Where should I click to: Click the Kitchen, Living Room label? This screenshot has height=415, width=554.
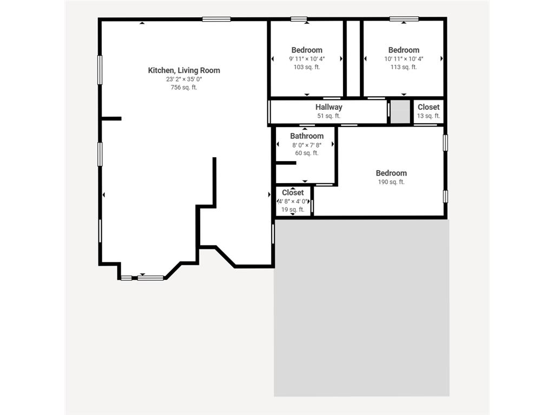[x=184, y=70]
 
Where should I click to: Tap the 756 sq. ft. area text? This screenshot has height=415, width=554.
[x=184, y=88]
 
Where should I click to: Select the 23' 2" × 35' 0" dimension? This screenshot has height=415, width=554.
[x=184, y=79]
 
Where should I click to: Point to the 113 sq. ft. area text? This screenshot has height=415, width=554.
[x=404, y=68]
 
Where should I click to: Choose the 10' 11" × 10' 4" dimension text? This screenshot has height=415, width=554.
[x=404, y=59]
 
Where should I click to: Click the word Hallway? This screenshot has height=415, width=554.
[x=329, y=107]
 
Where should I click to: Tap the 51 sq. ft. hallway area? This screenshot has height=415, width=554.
[x=329, y=116]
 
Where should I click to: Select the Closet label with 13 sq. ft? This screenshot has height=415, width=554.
[x=428, y=107]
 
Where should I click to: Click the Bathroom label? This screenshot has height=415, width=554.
[x=307, y=136]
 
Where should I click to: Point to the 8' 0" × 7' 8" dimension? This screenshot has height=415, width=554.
[x=307, y=145]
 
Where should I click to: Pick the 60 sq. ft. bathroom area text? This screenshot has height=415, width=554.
[x=307, y=153]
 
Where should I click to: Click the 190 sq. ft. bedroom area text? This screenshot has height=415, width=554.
[x=391, y=182]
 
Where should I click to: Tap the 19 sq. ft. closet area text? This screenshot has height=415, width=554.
[x=293, y=210]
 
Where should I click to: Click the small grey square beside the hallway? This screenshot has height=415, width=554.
[x=401, y=112]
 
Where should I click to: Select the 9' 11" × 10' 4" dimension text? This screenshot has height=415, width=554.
[x=307, y=59]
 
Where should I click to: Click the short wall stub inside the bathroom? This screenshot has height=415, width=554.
[x=286, y=163]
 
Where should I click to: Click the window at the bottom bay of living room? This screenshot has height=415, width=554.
[x=150, y=278]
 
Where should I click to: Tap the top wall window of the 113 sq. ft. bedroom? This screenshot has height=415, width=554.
[x=404, y=19]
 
